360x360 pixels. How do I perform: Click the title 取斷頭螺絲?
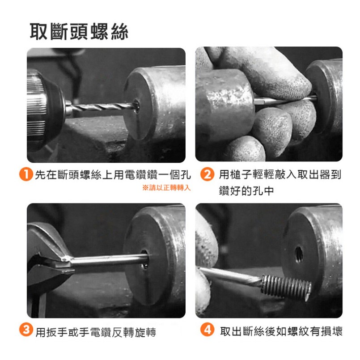[79, 31]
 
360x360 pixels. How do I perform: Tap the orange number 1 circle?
[26, 174]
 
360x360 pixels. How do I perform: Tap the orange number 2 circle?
[207, 174]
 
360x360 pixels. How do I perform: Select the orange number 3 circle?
[26, 330]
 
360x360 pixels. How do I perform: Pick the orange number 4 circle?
[207, 330]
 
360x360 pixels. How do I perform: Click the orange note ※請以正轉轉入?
[166, 188]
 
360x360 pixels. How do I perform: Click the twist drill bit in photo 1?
[101, 107]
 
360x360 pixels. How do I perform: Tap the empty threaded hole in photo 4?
[299, 254]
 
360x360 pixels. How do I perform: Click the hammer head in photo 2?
[225, 103]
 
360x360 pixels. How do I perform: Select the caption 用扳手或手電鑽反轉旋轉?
[96, 332]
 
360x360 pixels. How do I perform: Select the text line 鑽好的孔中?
[246, 191]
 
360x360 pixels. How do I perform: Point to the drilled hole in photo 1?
[136, 106]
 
